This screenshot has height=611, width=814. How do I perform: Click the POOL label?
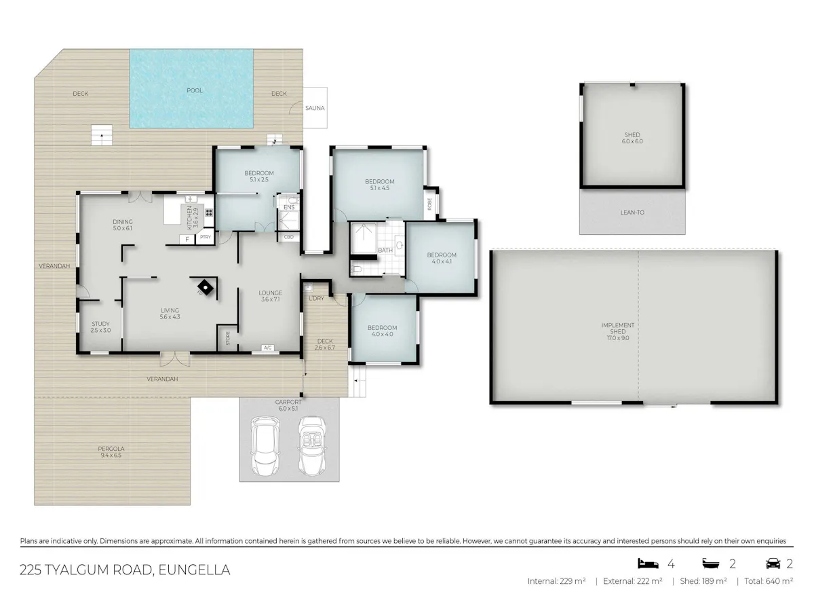(x=194, y=90)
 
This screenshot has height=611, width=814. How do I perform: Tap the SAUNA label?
(x=315, y=108)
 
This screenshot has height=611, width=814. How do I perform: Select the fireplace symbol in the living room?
(x=205, y=287)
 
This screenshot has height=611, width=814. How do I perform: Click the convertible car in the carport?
(x=312, y=445)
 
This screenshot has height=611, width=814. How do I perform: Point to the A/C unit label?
(x=268, y=348)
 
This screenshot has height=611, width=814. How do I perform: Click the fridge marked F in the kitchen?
(x=187, y=239)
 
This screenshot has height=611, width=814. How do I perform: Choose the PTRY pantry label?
(x=206, y=237)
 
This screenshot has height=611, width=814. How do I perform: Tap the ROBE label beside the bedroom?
(x=430, y=204)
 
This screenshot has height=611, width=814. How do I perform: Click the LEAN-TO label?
(x=632, y=212)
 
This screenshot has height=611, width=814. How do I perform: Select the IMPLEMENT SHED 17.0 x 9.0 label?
(x=618, y=332)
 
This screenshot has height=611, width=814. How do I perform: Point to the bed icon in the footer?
(x=648, y=563)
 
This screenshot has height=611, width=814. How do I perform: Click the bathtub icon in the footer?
(x=711, y=564)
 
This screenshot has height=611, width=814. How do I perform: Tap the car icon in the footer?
(x=773, y=564)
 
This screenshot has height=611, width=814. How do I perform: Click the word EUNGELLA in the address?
(x=194, y=570)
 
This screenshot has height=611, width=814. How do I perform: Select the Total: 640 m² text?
(x=769, y=581)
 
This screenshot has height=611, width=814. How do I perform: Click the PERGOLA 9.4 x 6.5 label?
(x=111, y=452)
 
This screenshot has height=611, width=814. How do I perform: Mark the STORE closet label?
(x=228, y=338)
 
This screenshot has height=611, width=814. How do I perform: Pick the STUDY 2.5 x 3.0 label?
(x=101, y=327)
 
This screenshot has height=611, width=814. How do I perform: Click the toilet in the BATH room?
(x=356, y=270)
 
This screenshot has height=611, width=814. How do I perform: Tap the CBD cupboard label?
(x=288, y=237)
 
